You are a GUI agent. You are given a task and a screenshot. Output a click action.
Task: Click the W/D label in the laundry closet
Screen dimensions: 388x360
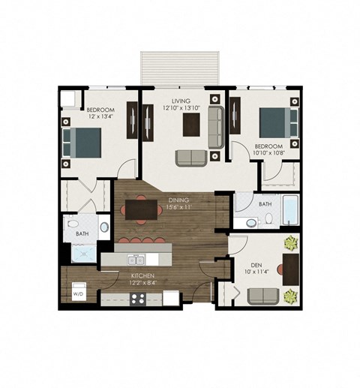[x=78, y=295]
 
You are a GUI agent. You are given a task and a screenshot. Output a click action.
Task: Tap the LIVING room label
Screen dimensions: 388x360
[x=180, y=101]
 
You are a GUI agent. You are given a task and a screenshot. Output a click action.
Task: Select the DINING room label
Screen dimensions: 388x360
[x=179, y=199]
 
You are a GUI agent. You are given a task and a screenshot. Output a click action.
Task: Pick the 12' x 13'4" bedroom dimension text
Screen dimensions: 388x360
[x=100, y=116]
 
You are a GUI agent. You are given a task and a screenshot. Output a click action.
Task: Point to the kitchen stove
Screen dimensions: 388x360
[x=138, y=298]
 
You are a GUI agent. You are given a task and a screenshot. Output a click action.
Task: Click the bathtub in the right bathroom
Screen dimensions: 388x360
[x=289, y=212]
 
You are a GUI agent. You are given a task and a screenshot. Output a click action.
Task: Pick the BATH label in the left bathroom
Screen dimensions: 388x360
[x=82, y=234]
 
